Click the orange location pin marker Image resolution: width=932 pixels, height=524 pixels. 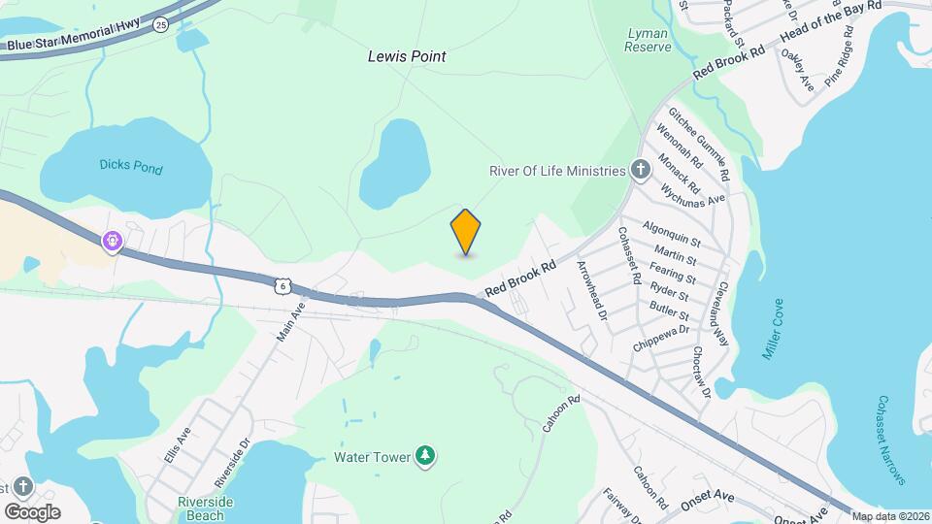[466, 231]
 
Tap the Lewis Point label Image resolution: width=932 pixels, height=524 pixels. [407, 56]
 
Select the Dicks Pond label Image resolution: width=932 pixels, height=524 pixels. [131, 167]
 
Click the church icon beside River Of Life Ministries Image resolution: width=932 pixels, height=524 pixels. [641, 171]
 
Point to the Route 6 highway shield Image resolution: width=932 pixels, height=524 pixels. [282, 284]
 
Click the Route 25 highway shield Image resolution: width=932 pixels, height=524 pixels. [161, 22]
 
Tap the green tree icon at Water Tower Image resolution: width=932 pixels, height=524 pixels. [424, 455]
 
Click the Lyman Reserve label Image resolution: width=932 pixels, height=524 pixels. [648, 40]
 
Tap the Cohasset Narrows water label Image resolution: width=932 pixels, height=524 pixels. [891, 440]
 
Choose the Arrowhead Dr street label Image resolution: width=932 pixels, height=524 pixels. [591, 290]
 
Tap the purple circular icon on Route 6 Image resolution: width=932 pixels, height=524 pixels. [114, 239]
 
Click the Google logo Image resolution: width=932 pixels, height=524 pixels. [32, 511]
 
